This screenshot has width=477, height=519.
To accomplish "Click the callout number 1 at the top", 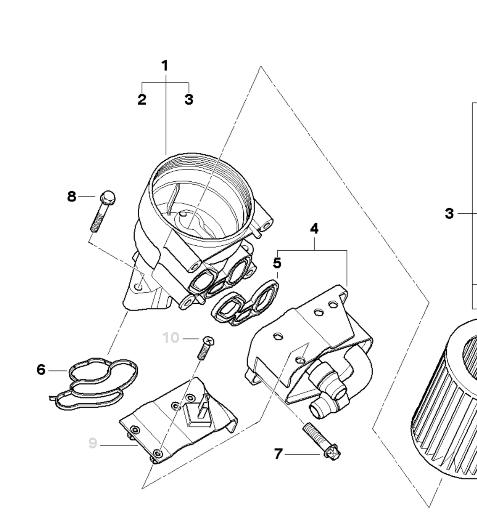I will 165,66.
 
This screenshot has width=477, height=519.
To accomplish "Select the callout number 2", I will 142,99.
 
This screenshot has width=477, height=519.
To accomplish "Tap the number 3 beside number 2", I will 189,99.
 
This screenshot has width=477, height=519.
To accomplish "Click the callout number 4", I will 314,229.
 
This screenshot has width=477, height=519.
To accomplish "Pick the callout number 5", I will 277,263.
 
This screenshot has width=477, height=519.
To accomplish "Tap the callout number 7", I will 278,461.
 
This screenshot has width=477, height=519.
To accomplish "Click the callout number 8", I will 72,197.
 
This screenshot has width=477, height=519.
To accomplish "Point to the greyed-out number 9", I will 93,443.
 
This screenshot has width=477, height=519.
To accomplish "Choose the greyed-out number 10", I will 171,338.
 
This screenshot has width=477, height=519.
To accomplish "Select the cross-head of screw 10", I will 209,341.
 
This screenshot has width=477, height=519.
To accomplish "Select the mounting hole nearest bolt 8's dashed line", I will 139,287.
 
